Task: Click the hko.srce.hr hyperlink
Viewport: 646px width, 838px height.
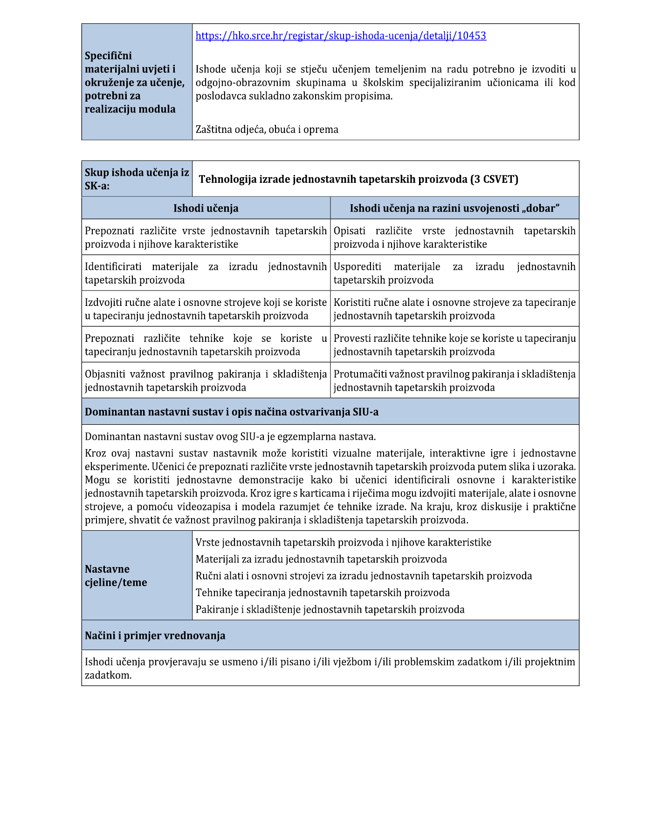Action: click(x=341, y=36)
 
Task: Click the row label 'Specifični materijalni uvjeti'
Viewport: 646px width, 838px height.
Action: click(x=134, y=82)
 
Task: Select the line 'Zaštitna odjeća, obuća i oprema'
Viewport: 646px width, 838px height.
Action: click(x=267, y=130)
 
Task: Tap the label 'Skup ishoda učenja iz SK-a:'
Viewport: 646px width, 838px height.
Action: click(x=137, y=179)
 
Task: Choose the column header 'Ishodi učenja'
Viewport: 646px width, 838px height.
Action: click(x=206, y=208)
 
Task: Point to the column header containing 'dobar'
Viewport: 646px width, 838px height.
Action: click(x=454, y=208)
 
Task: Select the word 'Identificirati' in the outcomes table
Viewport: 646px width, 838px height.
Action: click(x=113, y=267)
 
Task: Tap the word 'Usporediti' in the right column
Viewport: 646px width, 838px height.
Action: click(x=357, y=267)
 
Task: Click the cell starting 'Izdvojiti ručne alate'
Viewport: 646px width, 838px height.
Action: click(x=206, y=309)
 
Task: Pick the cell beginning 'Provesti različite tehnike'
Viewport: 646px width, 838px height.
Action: click(x=454, y=345)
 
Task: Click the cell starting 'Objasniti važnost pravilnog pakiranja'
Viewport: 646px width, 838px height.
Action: click(x=206, y=381)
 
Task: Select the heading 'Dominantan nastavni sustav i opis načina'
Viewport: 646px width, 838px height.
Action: click(x=232, y=412)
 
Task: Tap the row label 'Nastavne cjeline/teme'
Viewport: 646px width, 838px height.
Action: click(x=116, y=576)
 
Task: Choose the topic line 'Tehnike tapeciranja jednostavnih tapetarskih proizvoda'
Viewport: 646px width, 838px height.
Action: click(x=323, y=593)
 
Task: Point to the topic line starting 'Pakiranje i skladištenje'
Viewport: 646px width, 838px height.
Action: click(x=330, y=609)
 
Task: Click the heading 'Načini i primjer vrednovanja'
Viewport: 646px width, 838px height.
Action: click(x=155, y=636)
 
